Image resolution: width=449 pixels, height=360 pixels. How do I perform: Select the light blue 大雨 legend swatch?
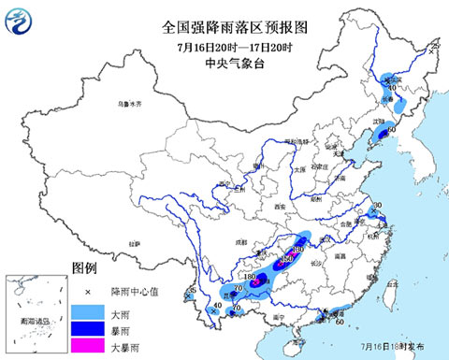point(90,311)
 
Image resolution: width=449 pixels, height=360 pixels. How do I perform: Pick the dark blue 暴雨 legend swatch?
point(90,329)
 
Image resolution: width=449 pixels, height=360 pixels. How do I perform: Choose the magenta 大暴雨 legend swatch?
point(90,346)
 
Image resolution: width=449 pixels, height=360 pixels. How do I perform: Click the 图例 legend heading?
point(83,269)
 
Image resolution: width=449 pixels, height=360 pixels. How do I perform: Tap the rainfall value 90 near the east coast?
point(379,206)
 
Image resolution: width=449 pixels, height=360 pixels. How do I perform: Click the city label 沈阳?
point(378,122)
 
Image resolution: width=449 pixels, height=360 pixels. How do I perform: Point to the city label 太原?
point(298,171)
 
